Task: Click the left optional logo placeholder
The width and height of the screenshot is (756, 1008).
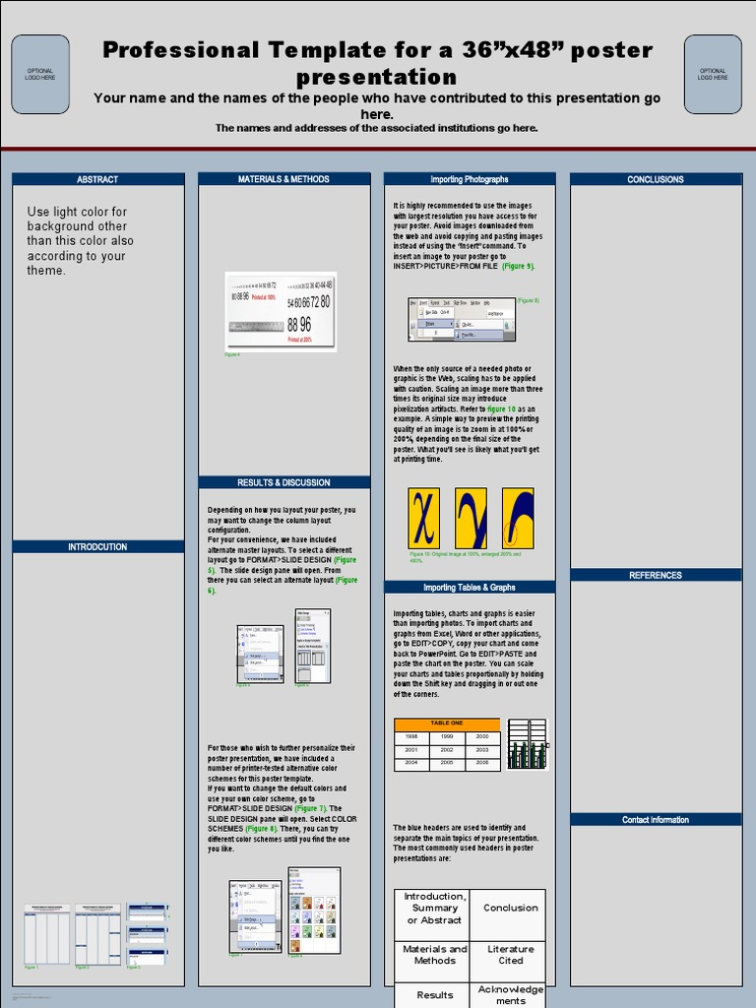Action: click(x=40, y=74)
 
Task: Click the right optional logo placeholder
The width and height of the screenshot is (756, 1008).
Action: click(x=713, y=74)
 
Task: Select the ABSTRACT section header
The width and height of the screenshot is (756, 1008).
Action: click(x=97, y=179)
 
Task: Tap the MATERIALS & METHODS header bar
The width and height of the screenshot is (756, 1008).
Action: click(x=283, y=179)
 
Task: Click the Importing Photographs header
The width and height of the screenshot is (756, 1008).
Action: click(x=470, y=179)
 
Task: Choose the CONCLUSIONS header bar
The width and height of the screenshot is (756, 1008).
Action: click(x=656, y=179)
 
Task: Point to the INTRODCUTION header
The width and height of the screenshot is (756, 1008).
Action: click(x=97, y=546)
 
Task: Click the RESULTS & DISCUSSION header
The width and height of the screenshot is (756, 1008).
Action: click(x=283, y=482)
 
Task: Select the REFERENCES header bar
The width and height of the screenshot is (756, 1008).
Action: click(x=656, y=575)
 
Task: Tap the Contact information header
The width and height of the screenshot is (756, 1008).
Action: click(x=656, y=819)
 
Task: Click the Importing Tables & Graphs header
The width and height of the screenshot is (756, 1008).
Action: click(x=470, y=588)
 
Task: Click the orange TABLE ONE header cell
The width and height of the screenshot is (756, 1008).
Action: click(x=447, y=724)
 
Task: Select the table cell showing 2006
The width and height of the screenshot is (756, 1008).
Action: click(x=482, y=763)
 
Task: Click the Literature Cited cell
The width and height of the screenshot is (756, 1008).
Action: click(x=510, y=955)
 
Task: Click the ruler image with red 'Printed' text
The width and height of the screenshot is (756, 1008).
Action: click(x=281, y=311)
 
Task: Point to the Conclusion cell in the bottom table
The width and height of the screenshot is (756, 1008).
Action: click(x=510, y=908)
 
